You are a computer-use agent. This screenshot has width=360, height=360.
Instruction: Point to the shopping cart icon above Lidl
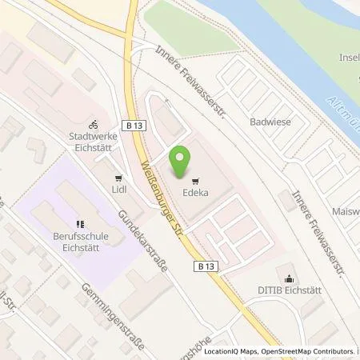119,178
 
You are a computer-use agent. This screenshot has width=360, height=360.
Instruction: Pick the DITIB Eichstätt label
288,290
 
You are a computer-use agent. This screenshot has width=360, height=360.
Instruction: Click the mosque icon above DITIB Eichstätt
288,276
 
